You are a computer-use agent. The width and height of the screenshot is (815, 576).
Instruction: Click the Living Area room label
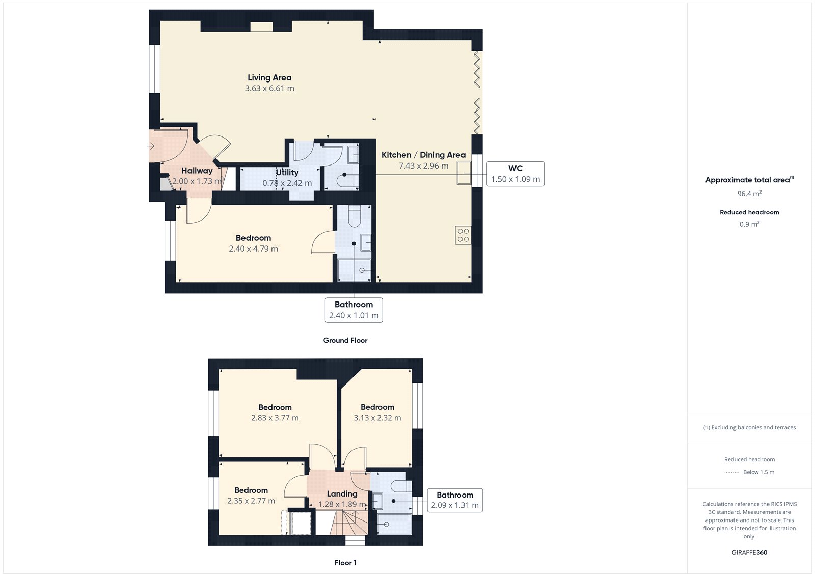269,77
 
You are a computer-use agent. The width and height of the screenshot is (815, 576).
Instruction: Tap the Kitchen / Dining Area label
423,155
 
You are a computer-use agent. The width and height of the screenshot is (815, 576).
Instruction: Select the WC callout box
515,174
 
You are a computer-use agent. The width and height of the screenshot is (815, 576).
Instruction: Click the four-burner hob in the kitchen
463,235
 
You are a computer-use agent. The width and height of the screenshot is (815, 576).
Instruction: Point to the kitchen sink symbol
464,173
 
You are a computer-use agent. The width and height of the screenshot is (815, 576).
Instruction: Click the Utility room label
287,172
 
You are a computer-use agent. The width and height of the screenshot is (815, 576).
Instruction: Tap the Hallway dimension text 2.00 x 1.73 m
197,181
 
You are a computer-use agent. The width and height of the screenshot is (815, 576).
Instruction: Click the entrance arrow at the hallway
151,146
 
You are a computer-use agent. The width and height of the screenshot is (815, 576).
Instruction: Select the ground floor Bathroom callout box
354,310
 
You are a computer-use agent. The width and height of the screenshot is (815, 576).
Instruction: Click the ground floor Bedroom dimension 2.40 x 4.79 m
253,249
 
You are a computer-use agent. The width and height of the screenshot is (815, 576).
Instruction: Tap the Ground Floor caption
345,340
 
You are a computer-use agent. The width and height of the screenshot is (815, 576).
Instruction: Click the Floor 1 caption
345,563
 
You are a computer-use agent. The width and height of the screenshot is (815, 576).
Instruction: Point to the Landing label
342,493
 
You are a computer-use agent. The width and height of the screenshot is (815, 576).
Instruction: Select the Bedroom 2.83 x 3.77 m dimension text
275,418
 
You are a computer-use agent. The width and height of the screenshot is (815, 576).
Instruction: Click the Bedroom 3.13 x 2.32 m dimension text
377,418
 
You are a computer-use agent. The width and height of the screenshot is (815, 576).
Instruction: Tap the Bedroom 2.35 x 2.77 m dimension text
251,501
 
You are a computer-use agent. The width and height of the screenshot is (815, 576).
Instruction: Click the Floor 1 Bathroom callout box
454,500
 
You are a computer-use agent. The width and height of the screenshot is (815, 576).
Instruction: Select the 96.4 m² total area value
749,194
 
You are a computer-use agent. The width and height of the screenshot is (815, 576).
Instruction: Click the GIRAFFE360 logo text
749,552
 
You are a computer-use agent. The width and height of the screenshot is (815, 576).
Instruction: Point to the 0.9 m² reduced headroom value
749,224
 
